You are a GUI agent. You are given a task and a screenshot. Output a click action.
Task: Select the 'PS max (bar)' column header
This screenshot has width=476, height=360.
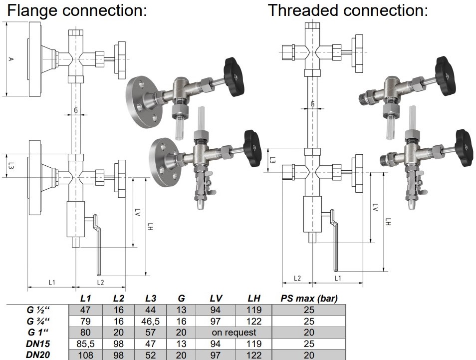(309, 299)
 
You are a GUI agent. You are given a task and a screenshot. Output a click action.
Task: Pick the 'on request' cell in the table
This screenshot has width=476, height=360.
(234, 333)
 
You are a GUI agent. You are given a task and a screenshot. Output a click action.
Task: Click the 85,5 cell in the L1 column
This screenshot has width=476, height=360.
(85, 344)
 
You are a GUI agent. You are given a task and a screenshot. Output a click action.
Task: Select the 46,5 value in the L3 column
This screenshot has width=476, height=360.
(150, 322)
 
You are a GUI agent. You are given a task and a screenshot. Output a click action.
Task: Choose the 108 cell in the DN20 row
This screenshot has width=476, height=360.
(85, 355)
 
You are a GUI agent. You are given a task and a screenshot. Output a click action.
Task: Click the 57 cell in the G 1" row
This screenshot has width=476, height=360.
(150, 333)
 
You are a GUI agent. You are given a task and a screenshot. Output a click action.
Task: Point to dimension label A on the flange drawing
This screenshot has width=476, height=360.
(10, 59)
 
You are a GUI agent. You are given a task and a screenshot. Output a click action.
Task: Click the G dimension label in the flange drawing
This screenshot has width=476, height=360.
(76, 109)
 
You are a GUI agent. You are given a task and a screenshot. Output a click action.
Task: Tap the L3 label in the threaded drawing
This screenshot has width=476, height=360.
(272, 160)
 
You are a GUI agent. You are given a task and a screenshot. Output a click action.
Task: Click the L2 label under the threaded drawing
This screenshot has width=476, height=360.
(297, 278)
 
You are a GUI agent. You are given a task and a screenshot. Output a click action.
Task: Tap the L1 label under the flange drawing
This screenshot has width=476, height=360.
(52, 282)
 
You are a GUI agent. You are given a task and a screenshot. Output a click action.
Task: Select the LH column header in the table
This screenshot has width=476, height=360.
(253, 299)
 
